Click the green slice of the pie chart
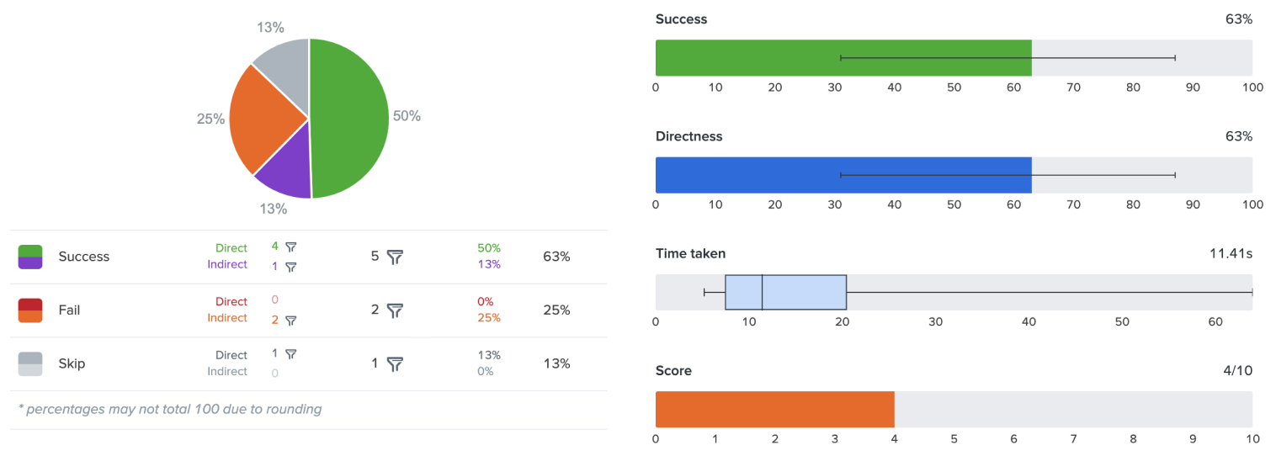349,118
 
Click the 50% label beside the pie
407,116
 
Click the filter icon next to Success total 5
395,257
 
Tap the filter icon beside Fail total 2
395,310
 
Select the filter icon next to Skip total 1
395,364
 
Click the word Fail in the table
69,310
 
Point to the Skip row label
72,364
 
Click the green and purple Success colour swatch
30,257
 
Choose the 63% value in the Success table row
556,257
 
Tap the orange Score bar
774,409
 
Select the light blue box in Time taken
785,292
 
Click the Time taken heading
690,253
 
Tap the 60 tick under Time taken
1215,321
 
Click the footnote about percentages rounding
170,410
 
